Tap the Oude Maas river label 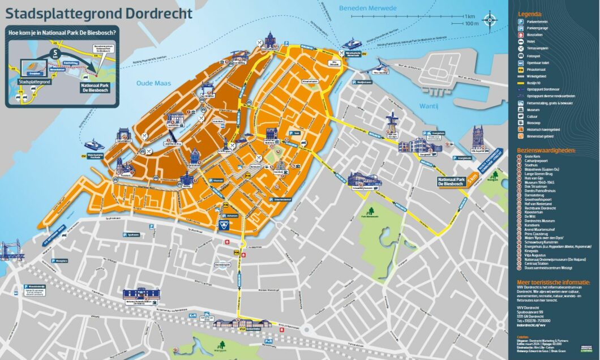[x=149, y=83]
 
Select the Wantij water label [x=430, y=106]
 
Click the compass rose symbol [x=489, y=19]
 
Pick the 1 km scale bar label [x=469, y=16]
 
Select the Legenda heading [x=530, y=14]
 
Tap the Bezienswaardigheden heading [x=546, y=151]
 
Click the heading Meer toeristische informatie [x=553, y=281]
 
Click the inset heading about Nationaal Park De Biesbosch [x=62, y=32]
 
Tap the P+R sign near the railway [x=269, y=342]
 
